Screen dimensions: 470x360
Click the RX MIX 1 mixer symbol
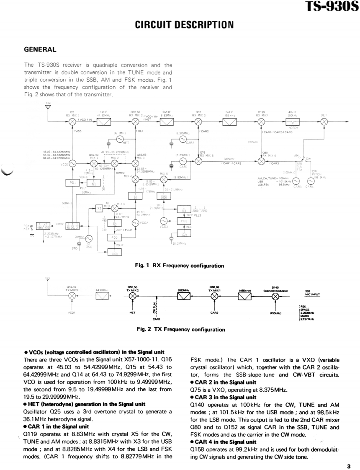click(72, 121)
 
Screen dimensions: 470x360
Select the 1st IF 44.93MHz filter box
click(103, 121)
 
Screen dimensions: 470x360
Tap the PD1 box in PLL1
click(72, 183)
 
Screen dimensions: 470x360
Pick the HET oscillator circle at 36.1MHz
click(120, 139)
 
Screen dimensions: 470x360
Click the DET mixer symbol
click(324, 121)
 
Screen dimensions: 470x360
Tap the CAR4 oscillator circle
click(310, 181)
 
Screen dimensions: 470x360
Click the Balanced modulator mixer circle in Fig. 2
click(275, 296)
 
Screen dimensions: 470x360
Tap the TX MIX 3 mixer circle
click(72, 296)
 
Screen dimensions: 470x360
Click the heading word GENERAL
click(40, 49)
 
